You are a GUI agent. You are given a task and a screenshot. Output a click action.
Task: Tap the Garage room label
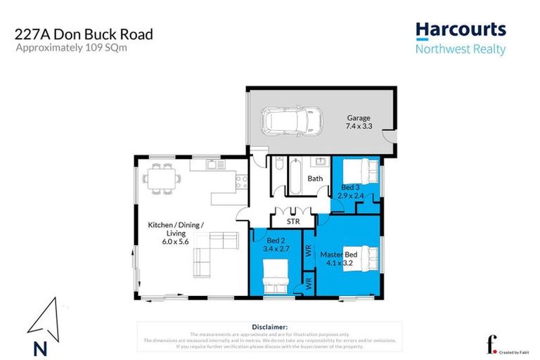[359, 118]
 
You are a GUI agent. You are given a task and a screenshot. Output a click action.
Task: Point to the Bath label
[315, 179]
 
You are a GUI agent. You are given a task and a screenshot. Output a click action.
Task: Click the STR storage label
[293, 221]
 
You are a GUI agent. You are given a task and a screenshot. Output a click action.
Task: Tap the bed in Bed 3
[363, 171]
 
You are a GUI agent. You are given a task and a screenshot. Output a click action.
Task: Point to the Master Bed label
[340, 254]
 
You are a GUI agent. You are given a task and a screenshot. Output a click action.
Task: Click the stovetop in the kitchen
[240, 181]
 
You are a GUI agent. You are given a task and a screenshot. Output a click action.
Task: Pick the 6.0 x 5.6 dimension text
[175, 242]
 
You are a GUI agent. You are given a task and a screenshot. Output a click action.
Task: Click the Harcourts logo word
[461, 30]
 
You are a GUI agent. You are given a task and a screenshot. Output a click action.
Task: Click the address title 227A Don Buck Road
[84, 34]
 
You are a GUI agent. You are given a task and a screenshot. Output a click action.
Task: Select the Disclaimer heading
[269, 327]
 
